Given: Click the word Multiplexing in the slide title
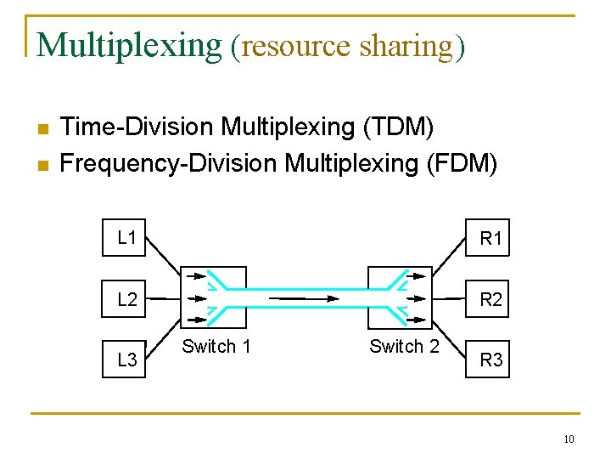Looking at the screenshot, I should click(129, 44).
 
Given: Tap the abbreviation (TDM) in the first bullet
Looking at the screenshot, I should click(398, 127).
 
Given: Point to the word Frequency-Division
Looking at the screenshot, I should click(169, 161).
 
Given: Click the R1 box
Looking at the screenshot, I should click(490, 239).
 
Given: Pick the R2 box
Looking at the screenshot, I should click(490, 299).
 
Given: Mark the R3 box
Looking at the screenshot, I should click(490, 360).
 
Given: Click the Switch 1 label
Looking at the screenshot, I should click(216, 346).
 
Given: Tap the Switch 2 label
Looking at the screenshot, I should click(404, 346).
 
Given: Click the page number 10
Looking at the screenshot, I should click(569, 439).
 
